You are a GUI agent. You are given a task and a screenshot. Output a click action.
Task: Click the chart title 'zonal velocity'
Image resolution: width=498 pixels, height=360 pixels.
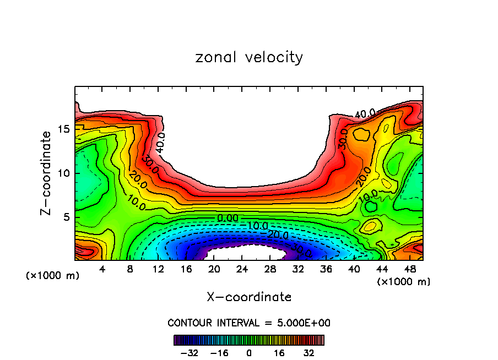coord(249,57)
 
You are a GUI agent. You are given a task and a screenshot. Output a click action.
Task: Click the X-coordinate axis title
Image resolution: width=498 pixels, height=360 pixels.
coord(249,297)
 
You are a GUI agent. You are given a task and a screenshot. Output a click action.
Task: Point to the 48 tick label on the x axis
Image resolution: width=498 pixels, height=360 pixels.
coord(409,269)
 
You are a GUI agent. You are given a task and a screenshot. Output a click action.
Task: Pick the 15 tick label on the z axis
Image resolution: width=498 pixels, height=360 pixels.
coord(63,129)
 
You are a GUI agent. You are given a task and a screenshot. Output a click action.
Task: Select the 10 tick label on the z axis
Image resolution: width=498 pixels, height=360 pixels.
coord(63,173)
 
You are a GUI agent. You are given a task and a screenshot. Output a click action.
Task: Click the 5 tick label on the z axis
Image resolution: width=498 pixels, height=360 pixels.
coord(66,217)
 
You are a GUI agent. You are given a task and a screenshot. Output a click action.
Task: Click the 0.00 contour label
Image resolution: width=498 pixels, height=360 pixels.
coord(228,219)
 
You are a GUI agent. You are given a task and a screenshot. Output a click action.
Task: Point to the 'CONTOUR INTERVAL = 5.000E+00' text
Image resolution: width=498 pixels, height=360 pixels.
coord(249,323)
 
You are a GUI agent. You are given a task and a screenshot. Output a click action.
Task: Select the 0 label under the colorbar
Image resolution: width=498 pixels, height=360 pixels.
coord(249,352)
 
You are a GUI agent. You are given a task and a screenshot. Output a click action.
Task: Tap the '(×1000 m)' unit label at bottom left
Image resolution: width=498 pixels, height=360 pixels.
coord(53,276)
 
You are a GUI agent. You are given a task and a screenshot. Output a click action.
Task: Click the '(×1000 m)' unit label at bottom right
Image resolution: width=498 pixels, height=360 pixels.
coord(404,282)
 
